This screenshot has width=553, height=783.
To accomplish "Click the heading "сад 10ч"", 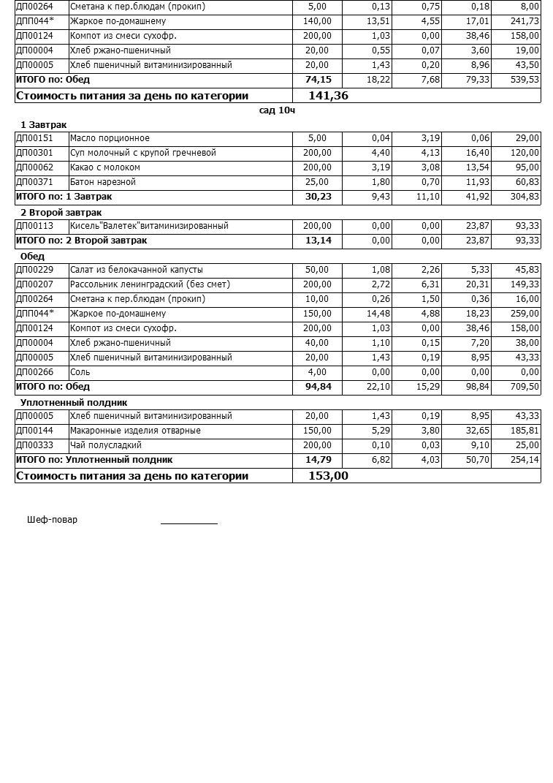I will click(x=277, y=110).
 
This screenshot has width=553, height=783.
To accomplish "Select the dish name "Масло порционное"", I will click(x=110, y=139).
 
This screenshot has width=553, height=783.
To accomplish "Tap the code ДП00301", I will click(x=34, y=154).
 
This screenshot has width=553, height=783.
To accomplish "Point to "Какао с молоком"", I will click(x=104, y=168).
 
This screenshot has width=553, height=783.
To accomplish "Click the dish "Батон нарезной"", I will click(x=103, y=183).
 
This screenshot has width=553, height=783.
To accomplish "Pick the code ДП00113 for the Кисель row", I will click(x=34, y=227).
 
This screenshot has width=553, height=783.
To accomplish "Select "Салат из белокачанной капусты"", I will click(x=137, y=271).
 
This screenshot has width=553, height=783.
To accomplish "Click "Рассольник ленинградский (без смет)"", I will click(x=150, y=285).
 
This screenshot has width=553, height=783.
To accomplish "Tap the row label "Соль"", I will click(x=80, y=373).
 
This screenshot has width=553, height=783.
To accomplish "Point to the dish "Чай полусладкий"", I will click(x=106, y=446).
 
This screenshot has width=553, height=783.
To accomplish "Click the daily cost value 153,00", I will click(x=329, y=476).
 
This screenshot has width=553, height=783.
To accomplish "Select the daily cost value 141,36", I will click(x=329, y=96).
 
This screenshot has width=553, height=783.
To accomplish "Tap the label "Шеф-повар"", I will click(x=52, y=521).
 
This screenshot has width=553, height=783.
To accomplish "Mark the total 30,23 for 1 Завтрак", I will click(x=318, y=197).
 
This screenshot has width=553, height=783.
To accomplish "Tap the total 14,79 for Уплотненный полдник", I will click(x=318, y=460).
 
